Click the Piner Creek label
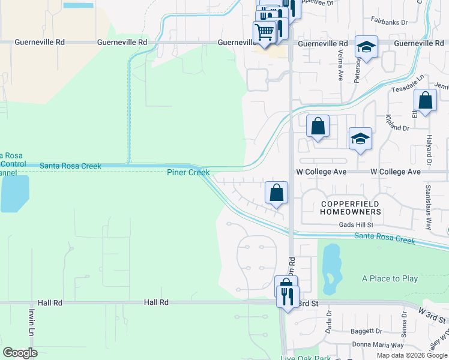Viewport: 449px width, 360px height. (x=188, y=173)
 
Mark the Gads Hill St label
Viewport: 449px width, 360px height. (x=356, y=224)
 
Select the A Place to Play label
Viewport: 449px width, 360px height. (x=390, y=279)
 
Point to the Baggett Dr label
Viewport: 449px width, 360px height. (x=366, y=331)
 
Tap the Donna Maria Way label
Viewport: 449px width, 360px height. (x=378, y=345)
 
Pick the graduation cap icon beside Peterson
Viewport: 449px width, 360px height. (x=366, y=46)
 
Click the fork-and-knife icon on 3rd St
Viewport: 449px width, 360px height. (x=288, y=295)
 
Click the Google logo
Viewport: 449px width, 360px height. (x=20, y=353)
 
